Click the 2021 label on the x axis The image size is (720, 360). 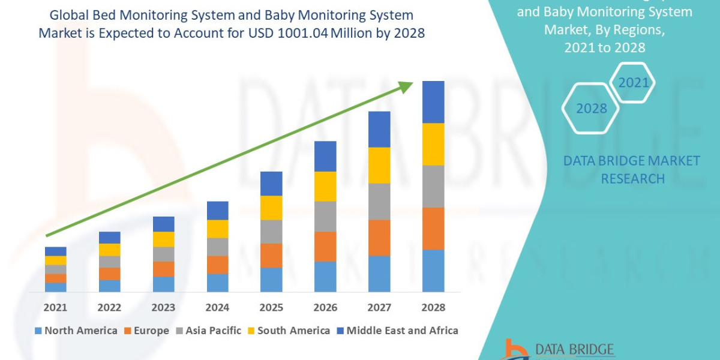click(55, 307)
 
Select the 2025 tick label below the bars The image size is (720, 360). click(271, 307)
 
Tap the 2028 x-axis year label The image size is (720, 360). click(433, 307)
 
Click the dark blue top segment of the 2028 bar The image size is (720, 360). click(433, 102)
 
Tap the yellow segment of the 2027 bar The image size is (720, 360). click(379, 165)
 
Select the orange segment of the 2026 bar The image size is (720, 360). click(325, 246)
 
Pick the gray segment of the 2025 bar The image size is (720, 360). click(271, 231)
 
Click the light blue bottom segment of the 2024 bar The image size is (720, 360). click(217, 283)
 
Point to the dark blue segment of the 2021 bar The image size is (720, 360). click(55, 251)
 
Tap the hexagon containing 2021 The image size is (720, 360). click(633, 82)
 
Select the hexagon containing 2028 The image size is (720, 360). click(590, 109)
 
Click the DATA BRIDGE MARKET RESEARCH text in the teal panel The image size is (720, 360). click(632, 169)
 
